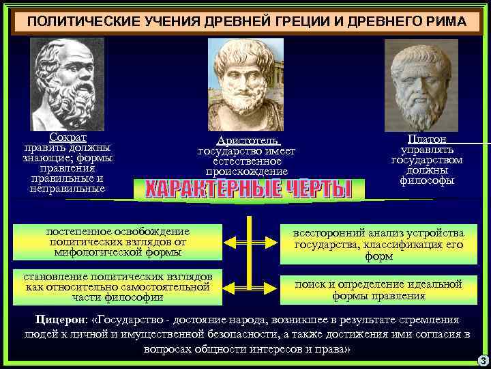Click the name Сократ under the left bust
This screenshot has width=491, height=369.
click(68, 137)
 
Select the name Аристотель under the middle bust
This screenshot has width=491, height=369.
click(247, 140)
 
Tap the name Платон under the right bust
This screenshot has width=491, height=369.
click(427, 139)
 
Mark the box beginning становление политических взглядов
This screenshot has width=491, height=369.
click(117, 286)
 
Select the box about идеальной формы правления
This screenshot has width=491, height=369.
click(378, 290)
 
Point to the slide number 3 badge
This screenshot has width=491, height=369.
click(483, 360)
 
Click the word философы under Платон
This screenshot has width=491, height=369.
click(427, 180)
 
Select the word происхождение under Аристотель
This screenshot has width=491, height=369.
click(247, 171)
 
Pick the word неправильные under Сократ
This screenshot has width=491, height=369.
click(68, 188)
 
